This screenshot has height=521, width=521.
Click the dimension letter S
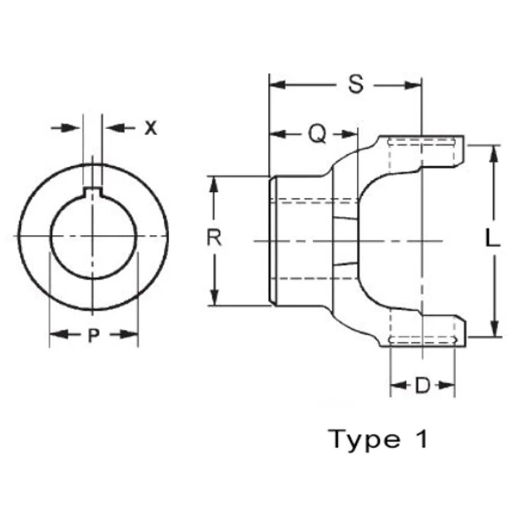point(356,84)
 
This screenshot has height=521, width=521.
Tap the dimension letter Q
point(316,134)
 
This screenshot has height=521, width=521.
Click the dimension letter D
point(422,386)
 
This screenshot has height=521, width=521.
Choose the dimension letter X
point(150,128)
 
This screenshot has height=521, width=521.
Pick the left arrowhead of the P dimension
point(56,334)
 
